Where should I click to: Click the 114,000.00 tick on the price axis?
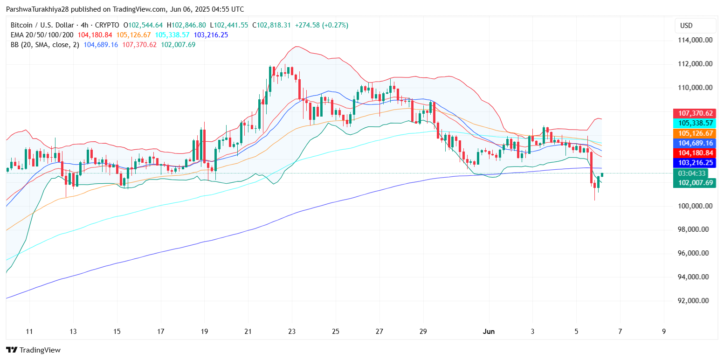click(695, 40)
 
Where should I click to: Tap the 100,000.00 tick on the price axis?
click(695, 206)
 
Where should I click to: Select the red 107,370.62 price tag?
click(694, 113)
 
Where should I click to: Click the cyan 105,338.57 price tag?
click(694, 123)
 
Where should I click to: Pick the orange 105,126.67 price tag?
click(694, 133)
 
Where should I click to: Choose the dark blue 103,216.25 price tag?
click(694, 163)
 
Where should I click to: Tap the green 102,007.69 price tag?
click(694, 183)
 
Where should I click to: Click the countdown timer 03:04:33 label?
click(690, 173)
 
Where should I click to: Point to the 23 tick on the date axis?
click(292, 332)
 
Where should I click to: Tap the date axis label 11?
click(29, 332)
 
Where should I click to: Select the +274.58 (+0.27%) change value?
click(321, 25)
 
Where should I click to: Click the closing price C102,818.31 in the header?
click(271, 25)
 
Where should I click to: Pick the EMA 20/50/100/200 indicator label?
click(41, 35)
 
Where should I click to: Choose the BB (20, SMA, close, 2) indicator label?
click(44, 45)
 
